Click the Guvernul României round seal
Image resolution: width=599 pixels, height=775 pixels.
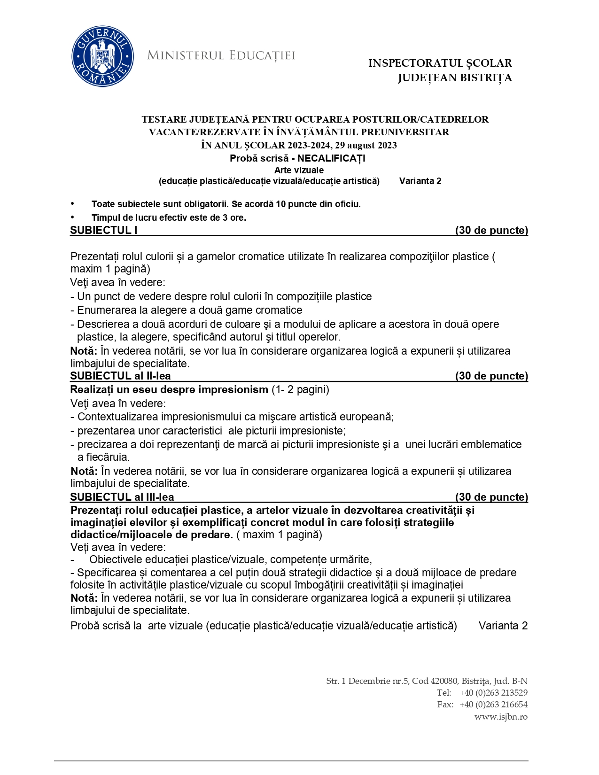click(x=102, y=56)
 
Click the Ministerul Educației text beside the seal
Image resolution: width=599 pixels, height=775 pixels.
click(x=221, y=55)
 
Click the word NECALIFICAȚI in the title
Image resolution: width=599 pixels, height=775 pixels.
click(x=331, y=158)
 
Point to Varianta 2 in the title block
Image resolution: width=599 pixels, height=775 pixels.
click(x=420, y=181)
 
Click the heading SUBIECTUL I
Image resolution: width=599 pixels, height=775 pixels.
click(x=104, y=230)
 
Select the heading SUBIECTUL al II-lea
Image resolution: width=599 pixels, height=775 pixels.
click(x=120, y=376)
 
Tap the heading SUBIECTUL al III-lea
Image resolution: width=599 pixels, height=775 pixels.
click(x=122, y=497)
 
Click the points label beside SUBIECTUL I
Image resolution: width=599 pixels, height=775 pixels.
click(x=491, y=230)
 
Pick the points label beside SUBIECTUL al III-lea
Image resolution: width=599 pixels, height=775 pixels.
click(x=491, y=497)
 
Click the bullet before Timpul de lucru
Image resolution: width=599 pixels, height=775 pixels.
click(x=72, y=217)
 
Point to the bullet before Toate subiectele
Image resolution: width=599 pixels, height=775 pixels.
click(x=72, y=203)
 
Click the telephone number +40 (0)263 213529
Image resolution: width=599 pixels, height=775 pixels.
click(x=493, y=693)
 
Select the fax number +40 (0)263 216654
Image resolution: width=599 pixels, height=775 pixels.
click(x=493, y=705)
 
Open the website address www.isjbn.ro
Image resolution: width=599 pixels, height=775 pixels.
click(x=501, y=717)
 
